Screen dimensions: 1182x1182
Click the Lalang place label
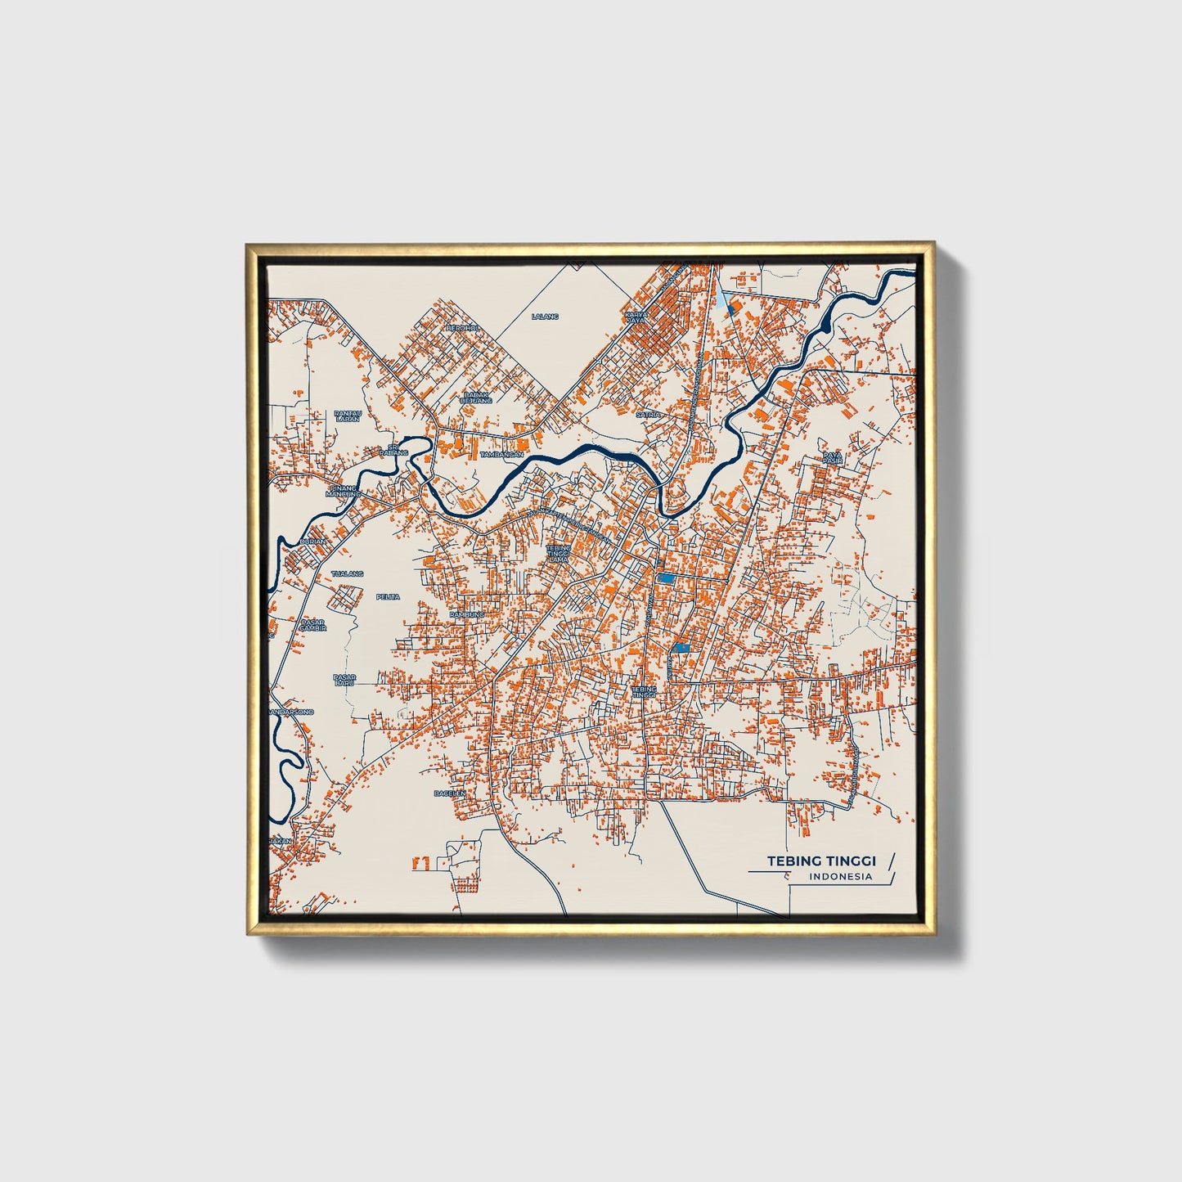[545, 316]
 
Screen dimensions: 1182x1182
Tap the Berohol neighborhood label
[461, 328]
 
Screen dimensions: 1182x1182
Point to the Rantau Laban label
[348, 416]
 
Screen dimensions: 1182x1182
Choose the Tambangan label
[501, 454]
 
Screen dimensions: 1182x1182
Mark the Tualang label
[347, 574]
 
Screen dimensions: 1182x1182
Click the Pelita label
[388, 596]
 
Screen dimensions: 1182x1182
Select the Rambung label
[467, 613]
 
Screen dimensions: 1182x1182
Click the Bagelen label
[450, 793]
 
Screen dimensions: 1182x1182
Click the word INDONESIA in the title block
[840, 877]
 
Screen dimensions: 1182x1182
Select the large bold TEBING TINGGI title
[820, 861]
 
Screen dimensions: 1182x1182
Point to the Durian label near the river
[312, 542]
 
